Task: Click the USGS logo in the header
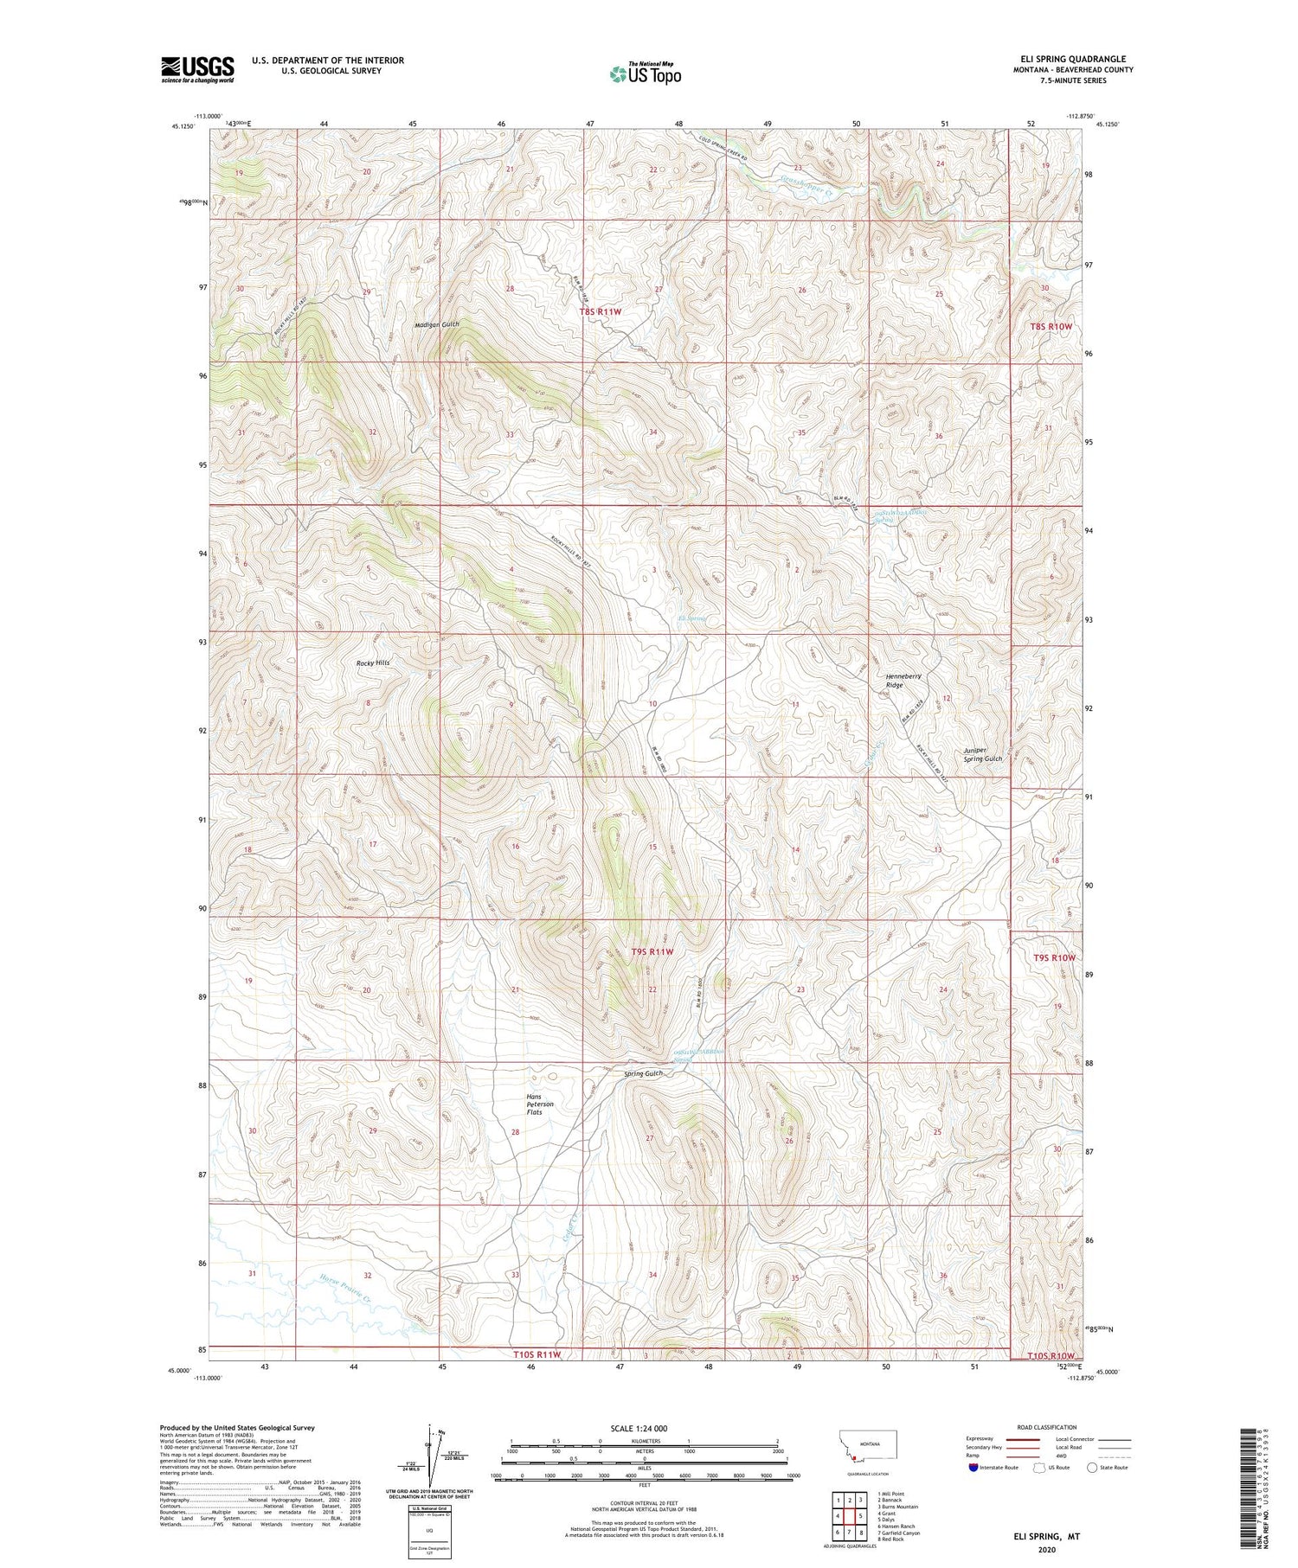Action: click(197, 69)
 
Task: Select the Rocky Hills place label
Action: click(373, 662)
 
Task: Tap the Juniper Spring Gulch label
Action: click(982, 754)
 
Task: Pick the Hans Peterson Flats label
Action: click(539, 1104)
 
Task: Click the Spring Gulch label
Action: click(643, 1073)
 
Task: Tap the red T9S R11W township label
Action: click(652, 951)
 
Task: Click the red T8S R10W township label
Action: click(1051, 327)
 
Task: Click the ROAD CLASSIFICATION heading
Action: click(1047, 1427)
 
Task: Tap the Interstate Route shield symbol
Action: click(973, 1468)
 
